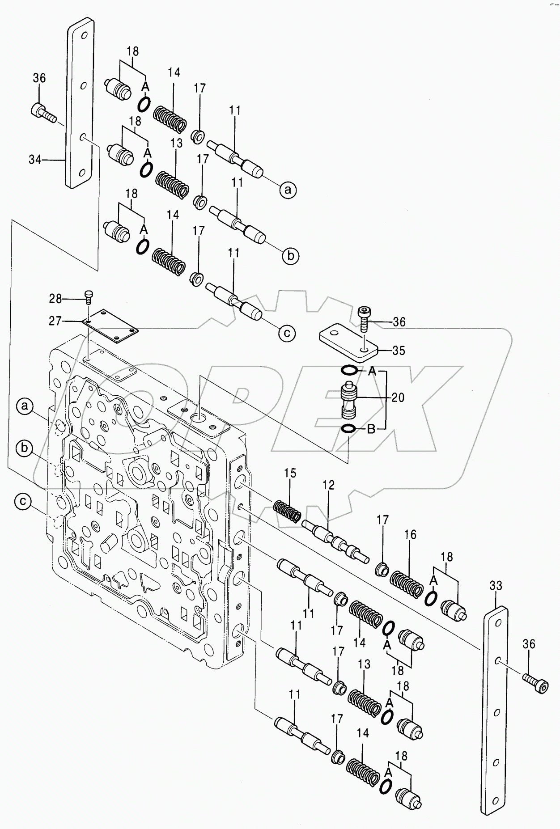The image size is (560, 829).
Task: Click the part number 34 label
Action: (35, 159)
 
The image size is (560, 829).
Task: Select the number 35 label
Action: (398, 350)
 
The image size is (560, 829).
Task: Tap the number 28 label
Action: (55, 298)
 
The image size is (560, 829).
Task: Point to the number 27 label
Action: (55, 321)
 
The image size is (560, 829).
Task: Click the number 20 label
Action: (398, 397)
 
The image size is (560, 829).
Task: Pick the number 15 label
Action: (290, 473)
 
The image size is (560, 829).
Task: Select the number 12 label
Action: (328, 485)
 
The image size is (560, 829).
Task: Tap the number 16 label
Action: (410, 534)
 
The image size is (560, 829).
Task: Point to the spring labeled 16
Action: (406, 583)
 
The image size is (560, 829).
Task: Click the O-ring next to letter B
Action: (348, 430)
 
